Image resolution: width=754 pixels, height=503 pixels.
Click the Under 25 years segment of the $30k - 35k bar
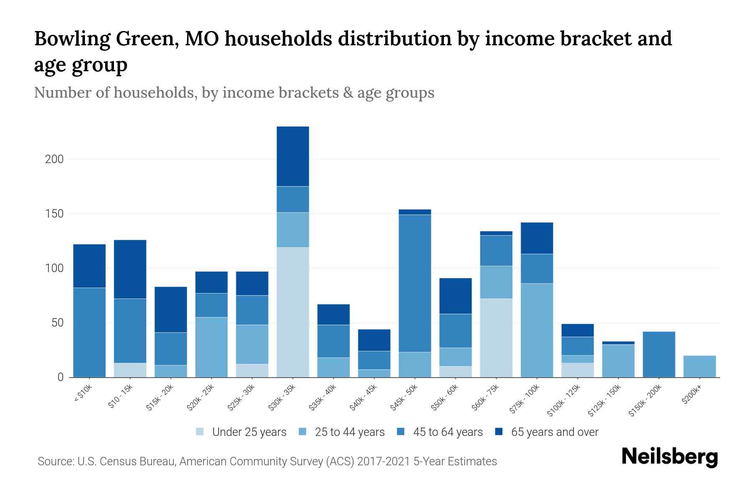point(293,312)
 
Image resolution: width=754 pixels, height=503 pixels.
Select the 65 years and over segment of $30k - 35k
point(293,156)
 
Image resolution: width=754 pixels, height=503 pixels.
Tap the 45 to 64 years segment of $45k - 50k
point(415,283)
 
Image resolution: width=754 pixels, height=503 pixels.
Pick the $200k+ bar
point(700,366)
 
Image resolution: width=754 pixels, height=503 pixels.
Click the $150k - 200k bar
point(659,355)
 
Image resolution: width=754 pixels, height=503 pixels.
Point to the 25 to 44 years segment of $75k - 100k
point(537,330)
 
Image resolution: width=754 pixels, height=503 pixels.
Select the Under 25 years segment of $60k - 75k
point(496,338)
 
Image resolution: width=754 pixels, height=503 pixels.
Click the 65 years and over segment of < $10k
point(89,266)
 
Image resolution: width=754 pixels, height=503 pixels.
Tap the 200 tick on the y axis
point(54,159)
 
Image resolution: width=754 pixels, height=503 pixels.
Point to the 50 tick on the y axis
point(57,323)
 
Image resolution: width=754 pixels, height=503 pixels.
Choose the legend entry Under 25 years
point(249,432)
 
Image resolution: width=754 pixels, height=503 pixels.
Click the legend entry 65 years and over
point(554,432)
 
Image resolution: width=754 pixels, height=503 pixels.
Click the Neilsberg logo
point(669,457)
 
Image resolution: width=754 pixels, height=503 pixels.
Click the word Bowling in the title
point(72,39)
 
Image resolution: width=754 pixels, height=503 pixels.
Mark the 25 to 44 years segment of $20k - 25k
point(212,347)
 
